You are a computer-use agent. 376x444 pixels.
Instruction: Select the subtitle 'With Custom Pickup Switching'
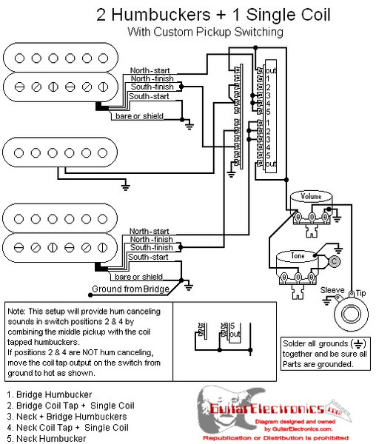point(205,32)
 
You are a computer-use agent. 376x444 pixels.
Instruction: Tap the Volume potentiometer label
point(311,197)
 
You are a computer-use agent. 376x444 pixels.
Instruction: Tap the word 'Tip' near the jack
point(361,294)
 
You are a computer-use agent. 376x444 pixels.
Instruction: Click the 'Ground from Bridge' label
point(130,289)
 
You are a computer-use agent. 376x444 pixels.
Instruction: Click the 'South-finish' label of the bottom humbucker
point(152,248)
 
